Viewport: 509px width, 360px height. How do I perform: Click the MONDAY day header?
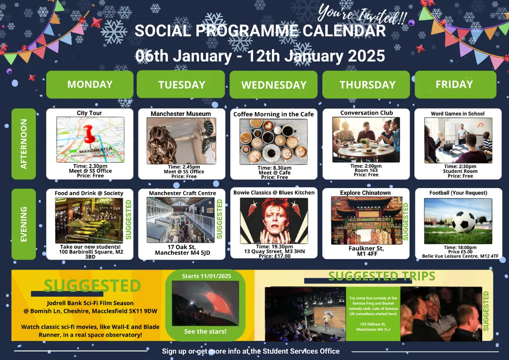click(90, 84)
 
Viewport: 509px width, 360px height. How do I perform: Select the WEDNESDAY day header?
click(274, 84)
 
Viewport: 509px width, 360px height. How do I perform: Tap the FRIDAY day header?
click(456, 84)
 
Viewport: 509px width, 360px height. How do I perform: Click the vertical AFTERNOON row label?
click(24, 144)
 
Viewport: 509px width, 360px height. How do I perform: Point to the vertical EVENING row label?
click(24, 224)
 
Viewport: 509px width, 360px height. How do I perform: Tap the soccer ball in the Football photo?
click(464, 222)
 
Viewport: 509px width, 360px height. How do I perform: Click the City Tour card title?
click(89, 113)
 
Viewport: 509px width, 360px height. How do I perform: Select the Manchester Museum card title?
click(181, 114)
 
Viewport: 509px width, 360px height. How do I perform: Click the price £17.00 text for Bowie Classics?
click(274, 256)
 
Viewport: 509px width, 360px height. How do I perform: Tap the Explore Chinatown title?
click(365, 193)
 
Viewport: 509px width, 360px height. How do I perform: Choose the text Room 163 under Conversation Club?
click(366, 170)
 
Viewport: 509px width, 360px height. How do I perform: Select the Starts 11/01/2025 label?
click(206, 276)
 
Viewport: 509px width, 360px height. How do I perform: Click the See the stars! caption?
click(205, 332)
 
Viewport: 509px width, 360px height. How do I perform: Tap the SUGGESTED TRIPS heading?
click(382, 276)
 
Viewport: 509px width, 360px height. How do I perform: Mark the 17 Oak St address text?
click(182, 247)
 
